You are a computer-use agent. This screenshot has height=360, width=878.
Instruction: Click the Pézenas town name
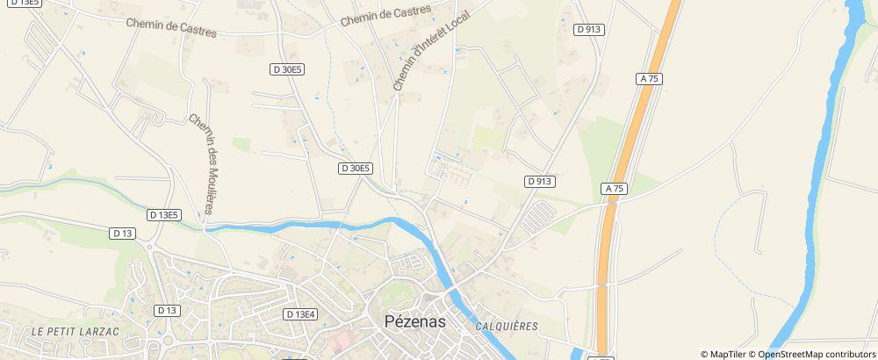coord(414,321)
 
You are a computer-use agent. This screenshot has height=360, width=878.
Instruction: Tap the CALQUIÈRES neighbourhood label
coord(507,326)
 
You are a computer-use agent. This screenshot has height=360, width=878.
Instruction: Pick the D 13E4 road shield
coord(300,313)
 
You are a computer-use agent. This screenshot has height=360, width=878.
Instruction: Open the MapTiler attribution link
coord(726,354)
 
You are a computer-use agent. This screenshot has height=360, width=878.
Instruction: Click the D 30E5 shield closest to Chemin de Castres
coord(285,68)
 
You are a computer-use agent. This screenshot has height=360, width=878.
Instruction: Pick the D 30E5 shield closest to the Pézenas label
coord(356,168)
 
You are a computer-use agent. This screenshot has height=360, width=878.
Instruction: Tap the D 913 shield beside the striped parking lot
coord(541,181)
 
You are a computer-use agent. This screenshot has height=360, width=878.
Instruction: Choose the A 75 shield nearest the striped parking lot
coord(615,189)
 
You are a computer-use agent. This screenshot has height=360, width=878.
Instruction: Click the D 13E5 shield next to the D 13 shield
coord(164,214)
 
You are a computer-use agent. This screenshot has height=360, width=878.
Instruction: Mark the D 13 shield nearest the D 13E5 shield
coord(123,233)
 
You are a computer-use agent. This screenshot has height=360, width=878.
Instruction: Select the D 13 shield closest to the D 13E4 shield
coord(166,310)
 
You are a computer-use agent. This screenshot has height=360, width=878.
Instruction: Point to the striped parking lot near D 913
coord(537,219)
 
